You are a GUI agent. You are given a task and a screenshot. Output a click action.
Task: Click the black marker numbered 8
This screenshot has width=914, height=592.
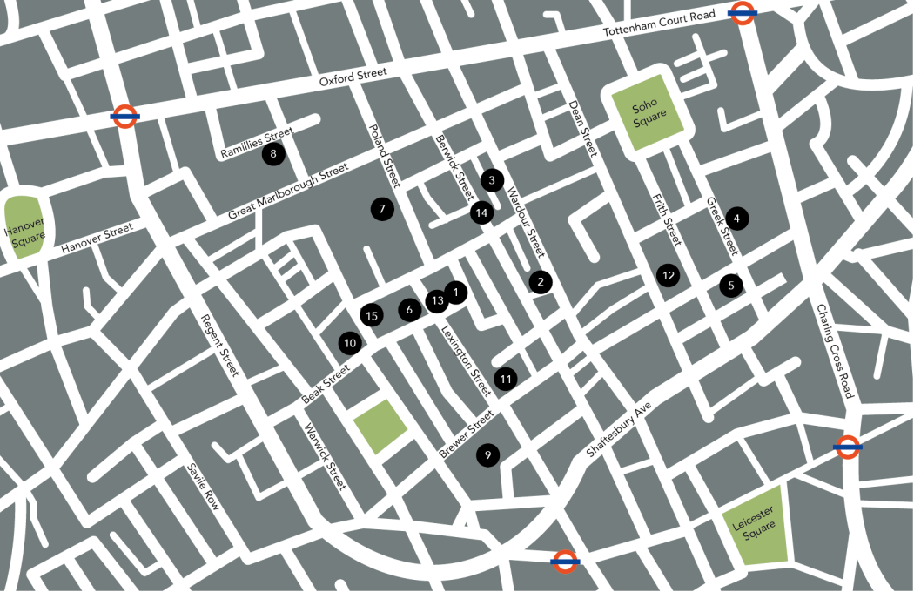coord(273,155)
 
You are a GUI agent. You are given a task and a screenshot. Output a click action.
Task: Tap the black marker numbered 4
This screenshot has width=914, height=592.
coord(736,219)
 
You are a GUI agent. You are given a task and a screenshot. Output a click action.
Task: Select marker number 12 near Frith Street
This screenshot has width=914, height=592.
coord(668,275)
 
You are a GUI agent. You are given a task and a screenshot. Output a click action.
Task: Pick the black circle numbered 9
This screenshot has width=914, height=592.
coord(488,454)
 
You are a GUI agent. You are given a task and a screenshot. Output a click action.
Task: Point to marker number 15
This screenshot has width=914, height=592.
coord(372,315)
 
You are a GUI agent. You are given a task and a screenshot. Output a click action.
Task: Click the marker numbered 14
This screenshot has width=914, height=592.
coord(481,212)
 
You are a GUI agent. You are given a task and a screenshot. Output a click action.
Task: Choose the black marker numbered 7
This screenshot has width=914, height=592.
coord(380,209)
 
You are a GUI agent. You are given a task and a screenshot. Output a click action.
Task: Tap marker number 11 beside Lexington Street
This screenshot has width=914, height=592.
coord(505,379)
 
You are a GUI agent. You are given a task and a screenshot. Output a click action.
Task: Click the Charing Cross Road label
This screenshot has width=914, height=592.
coord(835,352)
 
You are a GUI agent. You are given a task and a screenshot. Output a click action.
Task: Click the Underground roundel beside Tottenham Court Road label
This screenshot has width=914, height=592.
coord(742,12)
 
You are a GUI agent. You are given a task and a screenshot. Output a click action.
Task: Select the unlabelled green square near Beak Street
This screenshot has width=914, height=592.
coord(380,427)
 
